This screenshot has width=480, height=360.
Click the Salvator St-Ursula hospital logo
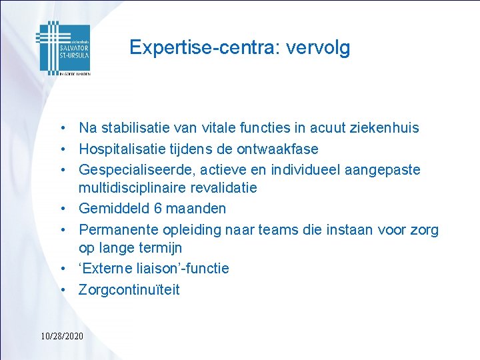click(63, 48)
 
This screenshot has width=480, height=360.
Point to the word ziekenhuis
click(383, 128)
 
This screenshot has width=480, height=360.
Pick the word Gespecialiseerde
click(132, 169)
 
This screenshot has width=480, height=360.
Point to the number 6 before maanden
click(158, 209)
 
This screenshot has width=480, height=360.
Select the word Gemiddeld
click(114, 209)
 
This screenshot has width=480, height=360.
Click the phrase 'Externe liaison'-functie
click(154, 269)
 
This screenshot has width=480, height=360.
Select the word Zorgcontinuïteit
click(129, 289)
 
